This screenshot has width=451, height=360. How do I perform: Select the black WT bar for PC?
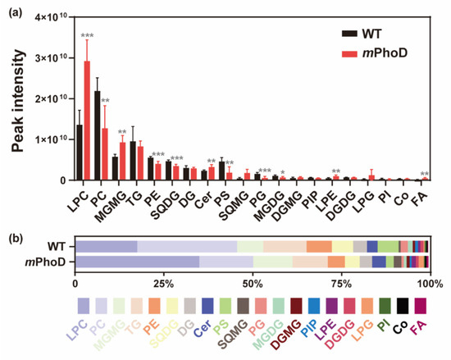(x=97, y=135)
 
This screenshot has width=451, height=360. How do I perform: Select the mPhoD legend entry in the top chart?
(x=374, y=52)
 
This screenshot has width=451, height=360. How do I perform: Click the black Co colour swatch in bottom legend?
(x=402, y=307)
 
